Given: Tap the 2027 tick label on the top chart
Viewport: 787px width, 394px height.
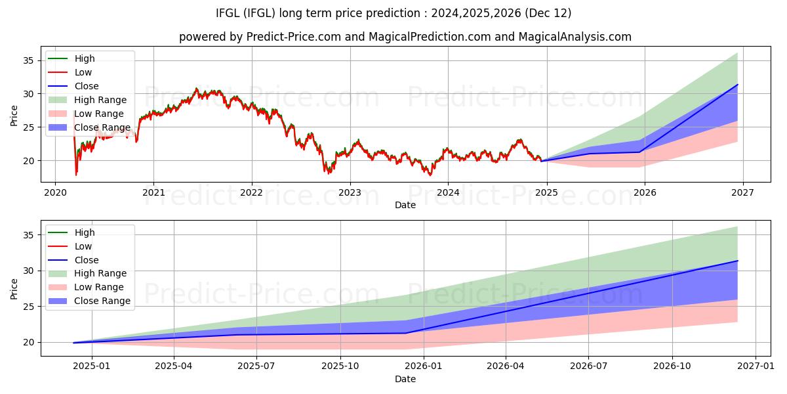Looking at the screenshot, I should [742, 193].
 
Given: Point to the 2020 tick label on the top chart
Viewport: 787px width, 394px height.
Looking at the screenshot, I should [55, 193].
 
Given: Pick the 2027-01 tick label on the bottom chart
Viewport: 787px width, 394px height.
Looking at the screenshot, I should [756, 367].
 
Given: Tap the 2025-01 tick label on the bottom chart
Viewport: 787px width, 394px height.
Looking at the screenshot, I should [91, 367].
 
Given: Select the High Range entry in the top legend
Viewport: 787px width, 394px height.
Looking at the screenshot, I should [100, 100].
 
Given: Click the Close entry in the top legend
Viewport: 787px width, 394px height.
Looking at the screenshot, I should [87, 86].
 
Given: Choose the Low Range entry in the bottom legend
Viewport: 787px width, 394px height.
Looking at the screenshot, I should [99, 287].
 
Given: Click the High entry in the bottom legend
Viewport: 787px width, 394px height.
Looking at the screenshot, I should [85, 232].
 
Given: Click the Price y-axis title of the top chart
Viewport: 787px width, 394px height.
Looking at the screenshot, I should [14, 114].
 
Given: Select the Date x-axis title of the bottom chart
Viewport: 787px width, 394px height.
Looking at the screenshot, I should [405, 379].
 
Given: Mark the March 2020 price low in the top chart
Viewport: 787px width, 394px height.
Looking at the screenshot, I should [76, 175].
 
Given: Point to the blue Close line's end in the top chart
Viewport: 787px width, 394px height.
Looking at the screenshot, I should [737, 85].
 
